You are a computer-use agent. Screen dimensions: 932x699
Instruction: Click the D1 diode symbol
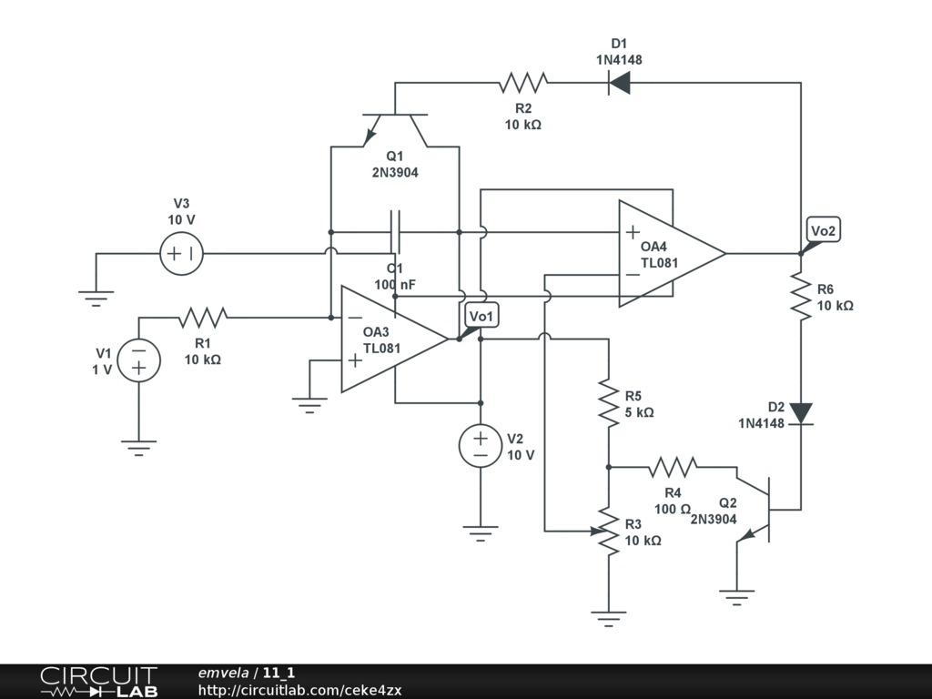click(x=619, y=83)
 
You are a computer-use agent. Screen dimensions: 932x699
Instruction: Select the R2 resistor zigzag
click(x=523, y=83)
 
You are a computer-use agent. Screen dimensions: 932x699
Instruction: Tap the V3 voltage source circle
click(x=182, y=254)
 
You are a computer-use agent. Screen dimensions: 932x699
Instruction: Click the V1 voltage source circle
click(x=139, y=360)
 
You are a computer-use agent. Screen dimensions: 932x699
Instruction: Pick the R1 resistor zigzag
click(x=203, y=318)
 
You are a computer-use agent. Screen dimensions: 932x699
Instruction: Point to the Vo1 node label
click(x=481, y=316)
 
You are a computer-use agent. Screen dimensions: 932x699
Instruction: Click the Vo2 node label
click(x=823, y=230)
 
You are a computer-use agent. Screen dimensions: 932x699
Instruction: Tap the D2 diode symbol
click(x=801, y=414)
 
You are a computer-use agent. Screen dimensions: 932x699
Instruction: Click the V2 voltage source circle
click(x=481, y=446)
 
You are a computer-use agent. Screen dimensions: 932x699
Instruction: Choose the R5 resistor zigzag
click(x=609, y=403)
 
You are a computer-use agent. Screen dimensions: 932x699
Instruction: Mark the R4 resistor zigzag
click(x=673, y=467)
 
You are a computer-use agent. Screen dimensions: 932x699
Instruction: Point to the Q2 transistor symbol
click(x=754, y=510)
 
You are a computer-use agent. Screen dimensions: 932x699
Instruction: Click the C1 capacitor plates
click(x=395, y=232)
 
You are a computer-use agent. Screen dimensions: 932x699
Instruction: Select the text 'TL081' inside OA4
click(x=659, y=263)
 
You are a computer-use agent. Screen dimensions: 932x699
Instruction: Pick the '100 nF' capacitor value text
click(x=395, y=285)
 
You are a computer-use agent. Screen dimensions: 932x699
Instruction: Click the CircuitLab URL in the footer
click(x=299, y=690)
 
